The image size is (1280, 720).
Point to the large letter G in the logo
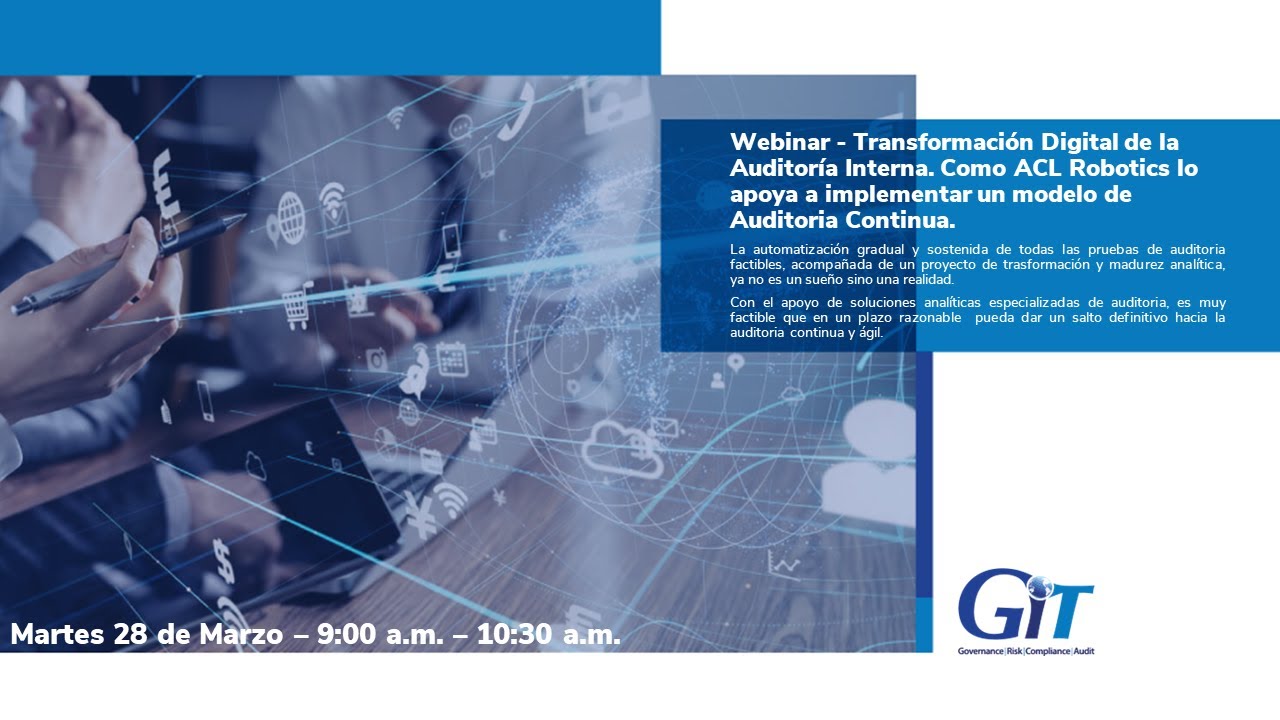tap(990, 605)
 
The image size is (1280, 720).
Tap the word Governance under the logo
tap(982, 652)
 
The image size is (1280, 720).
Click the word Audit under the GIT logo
tap(1083, 652)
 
